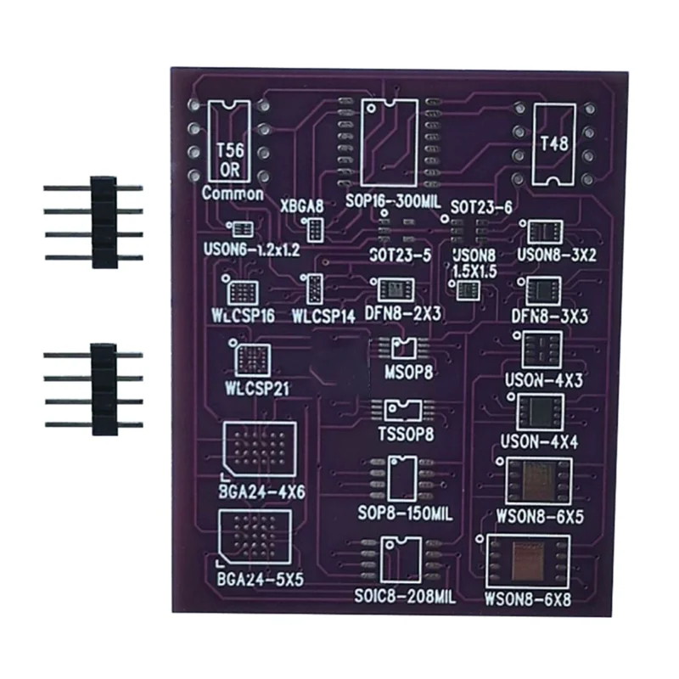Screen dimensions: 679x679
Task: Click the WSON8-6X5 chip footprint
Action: (x=538, y=481)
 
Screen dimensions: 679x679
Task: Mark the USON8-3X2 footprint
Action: (x=540, y=232)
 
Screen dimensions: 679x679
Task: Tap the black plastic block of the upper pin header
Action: (x=104, y=222)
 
